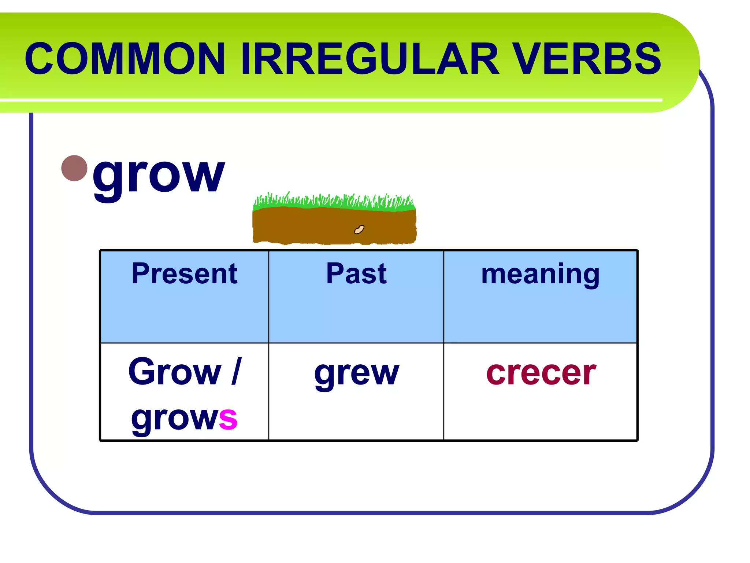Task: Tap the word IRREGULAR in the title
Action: pos(370,59)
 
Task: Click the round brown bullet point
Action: pos(75,168)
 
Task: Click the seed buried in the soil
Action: pos(359,230)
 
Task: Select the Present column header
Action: pos(185,274)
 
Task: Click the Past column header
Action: pos(356,274)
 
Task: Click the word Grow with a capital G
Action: pos(175,372)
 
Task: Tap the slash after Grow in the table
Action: pos(236,372)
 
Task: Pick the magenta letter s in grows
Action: pos(228,419)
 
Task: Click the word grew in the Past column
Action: pos(356,374)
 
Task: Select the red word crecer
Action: pos(541,374)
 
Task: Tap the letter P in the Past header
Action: pos(335,274)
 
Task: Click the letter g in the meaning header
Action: pos(590,277)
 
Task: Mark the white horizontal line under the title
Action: pos(330,100)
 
